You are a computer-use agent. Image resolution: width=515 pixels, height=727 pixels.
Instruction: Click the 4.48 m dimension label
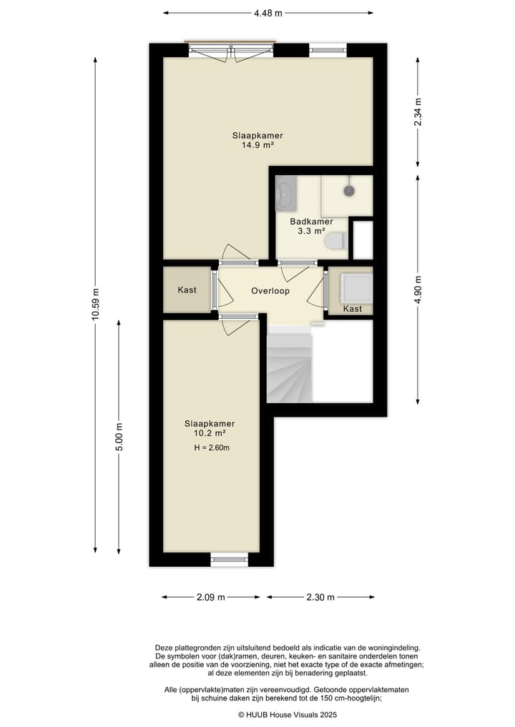pyautogui.click(x=268, y=12)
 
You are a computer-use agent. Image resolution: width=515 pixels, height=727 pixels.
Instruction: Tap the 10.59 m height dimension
pyautogui.click(x=94, y=305)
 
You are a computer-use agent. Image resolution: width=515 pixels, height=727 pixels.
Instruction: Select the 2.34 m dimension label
pyautogui.click(x=418, y=112)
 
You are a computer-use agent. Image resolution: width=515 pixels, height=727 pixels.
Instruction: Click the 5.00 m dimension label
pyautogui.click(x=119, y=437)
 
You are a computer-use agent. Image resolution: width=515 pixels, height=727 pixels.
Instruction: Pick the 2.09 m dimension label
pyautogui.click(x=211, y=598)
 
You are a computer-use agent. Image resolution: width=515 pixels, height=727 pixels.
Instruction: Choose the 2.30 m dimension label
pyautogui.click(x=320, y=598)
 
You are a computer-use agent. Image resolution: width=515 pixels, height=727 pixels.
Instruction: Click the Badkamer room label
pyautogui.click(x=311, y=222)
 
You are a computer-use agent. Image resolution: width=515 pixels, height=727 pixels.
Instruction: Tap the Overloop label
pyautogui.click(x=270, y=292)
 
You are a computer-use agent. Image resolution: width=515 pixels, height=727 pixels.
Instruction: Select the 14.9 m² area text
pyautogui.click(x=257, y=145)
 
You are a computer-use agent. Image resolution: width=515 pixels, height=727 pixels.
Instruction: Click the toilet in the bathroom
pyautogui.click(x=335, y=242)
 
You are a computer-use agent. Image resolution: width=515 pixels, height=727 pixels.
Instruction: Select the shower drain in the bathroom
pyautogui.click(x=349, y=191)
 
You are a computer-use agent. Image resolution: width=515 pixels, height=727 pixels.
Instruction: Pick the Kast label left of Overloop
pyautogui.click(x=187, y=290)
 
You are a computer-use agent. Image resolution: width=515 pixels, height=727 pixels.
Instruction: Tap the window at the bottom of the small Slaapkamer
pyautogui.click(x=230, y=560)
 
